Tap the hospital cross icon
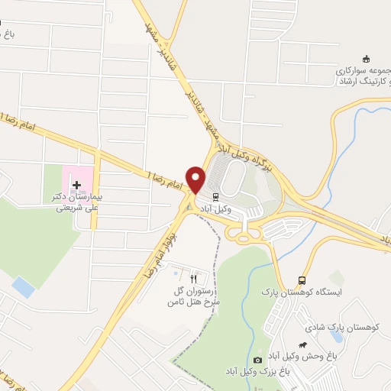[x=76, y=185]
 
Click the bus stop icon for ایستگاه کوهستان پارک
[x=302, y=280]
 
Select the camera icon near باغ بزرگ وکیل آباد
[x=257, y=360]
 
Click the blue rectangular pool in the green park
[x=24, y=287]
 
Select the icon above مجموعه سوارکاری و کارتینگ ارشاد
[x=365, y=60]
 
